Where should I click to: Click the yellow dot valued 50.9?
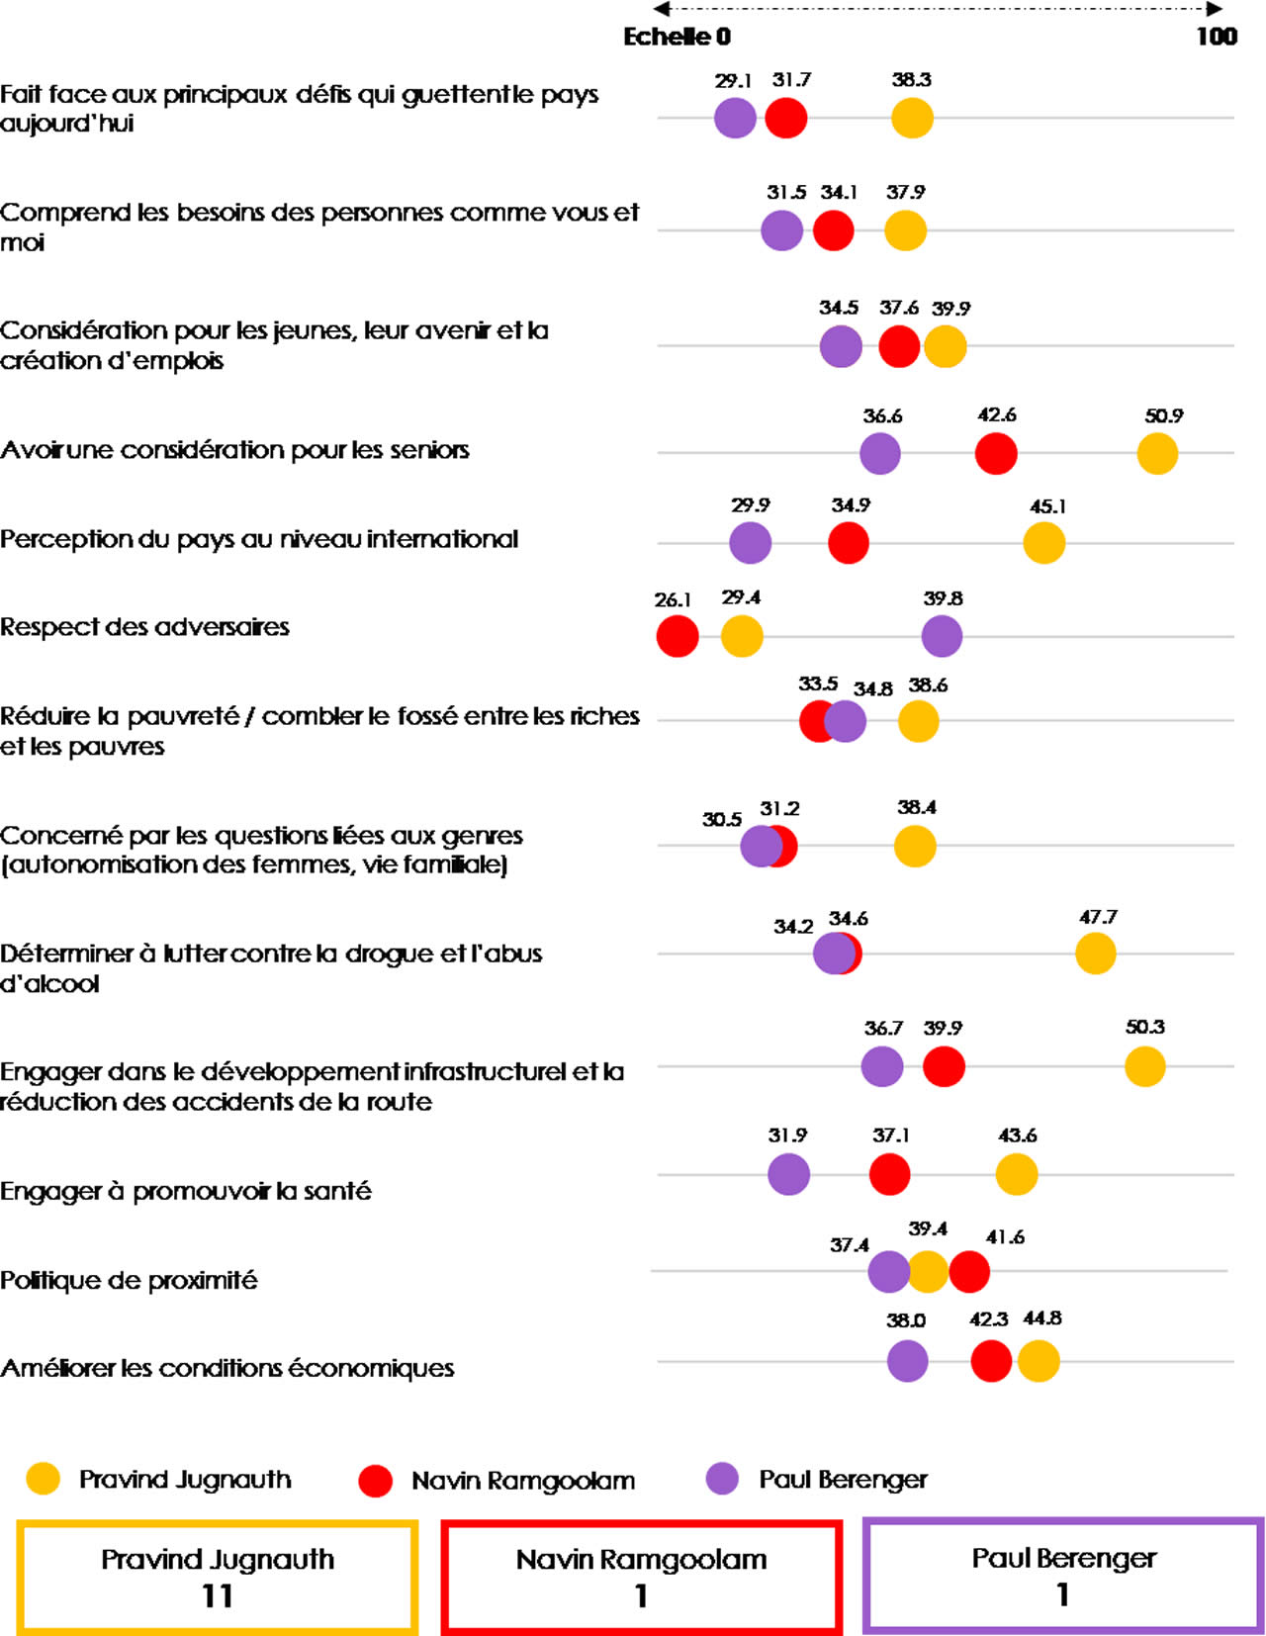(1157, 454)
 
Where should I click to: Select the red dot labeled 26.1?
(678, 636)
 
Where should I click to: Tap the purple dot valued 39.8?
(942, 636)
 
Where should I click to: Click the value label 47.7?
(1098, 918)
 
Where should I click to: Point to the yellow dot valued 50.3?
(1144, 1066)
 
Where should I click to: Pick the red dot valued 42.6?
(996, 454)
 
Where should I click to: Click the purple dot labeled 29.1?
(735, 118)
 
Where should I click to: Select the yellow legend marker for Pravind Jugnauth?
(44, 1479)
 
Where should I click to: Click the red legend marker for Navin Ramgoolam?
(376, 1481)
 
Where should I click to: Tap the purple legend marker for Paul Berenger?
(722, 1479)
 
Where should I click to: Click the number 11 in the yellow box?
(218, 1595)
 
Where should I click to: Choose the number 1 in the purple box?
(1062, 1594)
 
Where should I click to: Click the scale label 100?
(1217, 37)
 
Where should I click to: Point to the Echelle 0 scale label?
(678, 37)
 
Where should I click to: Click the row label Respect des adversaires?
(145, 627)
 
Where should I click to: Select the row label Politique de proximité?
(129, 1281)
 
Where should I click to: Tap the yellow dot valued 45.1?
(1043, 543)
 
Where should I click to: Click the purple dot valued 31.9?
(788, 1174)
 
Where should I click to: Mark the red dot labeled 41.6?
(969, 1272)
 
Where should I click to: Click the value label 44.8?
(1042, 1318)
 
